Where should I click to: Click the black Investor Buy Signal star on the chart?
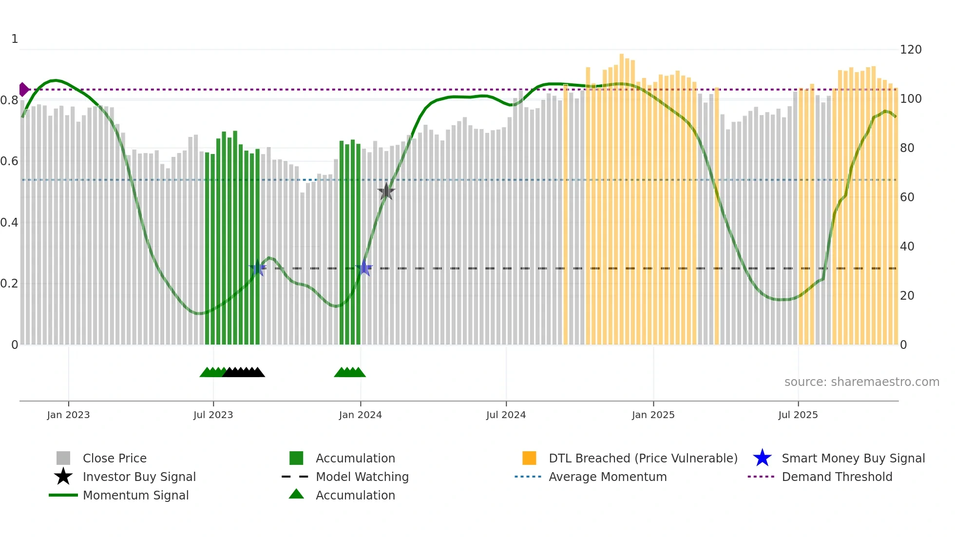pos(386,192)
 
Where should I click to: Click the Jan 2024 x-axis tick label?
pos(361,415)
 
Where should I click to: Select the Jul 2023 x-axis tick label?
pos(213,415)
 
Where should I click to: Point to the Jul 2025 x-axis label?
pos(798,415)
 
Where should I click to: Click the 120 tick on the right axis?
pos(911,50)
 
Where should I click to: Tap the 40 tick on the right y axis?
pos(907,247)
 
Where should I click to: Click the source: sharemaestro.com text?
pos(861,382)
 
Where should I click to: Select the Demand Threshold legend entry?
pos(837,477)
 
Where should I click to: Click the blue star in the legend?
pos(762,458)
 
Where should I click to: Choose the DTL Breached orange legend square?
pos(529,458)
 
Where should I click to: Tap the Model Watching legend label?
pos(362,477)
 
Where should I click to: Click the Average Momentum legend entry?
pos(607,477)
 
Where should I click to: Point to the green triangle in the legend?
pos(296,494)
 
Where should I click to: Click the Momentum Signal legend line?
pos(63,495)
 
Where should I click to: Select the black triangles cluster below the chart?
pos(244,372)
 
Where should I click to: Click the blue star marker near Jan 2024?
pos(364,268)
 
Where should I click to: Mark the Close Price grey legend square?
pos(63,458)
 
